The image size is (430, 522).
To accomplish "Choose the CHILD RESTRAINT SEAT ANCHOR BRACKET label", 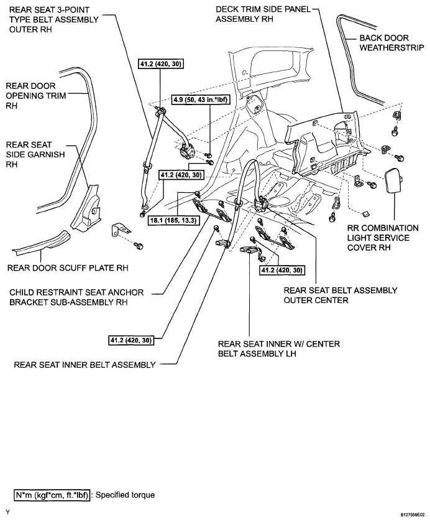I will click(77, 297).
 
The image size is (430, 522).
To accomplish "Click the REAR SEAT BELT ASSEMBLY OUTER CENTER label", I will click(340, 295).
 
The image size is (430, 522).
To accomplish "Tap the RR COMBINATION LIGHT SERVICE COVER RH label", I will click(383, 238).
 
